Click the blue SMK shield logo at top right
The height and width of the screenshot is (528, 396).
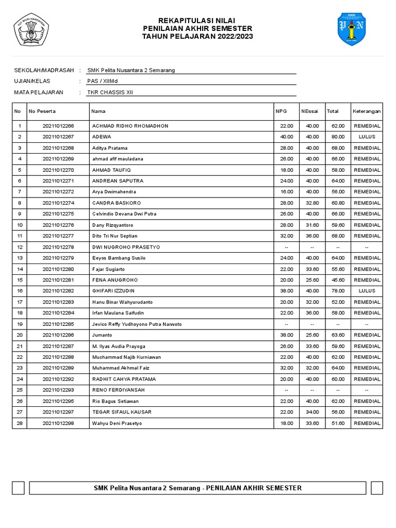click(352, 29)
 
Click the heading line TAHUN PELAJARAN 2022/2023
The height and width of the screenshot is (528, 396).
click(197, 37)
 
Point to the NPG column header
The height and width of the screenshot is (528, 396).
click(281, 111)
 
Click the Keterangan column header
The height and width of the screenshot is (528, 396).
click(367, 111)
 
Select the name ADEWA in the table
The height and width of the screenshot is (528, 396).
click(102, 137)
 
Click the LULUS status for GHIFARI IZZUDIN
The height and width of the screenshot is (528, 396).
click(367, 291)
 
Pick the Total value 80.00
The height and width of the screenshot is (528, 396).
click(338, 137)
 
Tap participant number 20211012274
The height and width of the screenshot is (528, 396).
click(58, 203)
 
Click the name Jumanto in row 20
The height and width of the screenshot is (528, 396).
click(102, 335)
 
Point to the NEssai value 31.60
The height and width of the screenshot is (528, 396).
click(312, 225)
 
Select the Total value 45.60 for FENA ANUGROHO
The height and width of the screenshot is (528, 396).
click(338, 280)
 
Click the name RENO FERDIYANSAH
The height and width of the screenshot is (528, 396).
click(118, 390)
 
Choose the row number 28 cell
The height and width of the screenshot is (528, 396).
click(20, 423)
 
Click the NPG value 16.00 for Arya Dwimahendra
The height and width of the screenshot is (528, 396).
click(286, 192)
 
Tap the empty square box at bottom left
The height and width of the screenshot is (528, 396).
click(19, 488)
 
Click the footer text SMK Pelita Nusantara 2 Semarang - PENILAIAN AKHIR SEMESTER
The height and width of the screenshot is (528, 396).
click(197, 488)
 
